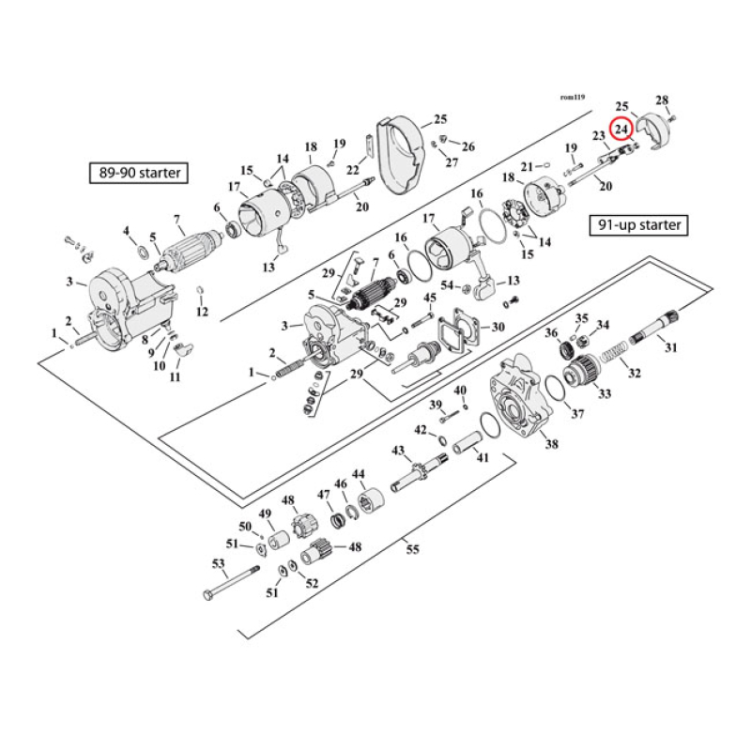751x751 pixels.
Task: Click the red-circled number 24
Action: tap(621, 130)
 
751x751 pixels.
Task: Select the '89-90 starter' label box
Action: tap(135, 173)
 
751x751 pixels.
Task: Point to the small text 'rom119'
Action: tap(572, 97)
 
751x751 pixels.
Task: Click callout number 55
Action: tap(412, 550)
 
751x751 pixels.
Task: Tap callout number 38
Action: tap(551, 444)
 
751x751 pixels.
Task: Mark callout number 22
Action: tap(353, 169)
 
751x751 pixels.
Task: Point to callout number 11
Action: tap(175, 376)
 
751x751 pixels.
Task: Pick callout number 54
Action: tap(447, 285)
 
